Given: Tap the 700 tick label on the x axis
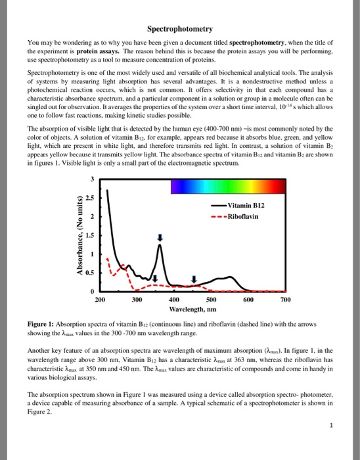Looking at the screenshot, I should coord(284,299).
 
